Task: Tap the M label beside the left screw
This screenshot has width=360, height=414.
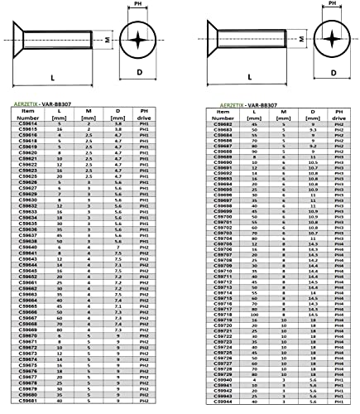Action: [109, 38]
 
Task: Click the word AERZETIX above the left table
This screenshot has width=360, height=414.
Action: [29, 104]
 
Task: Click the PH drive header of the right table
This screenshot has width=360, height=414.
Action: [338, 114]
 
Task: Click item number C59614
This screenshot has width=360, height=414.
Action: [29, 124]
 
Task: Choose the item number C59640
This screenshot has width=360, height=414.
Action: [29, 247]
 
